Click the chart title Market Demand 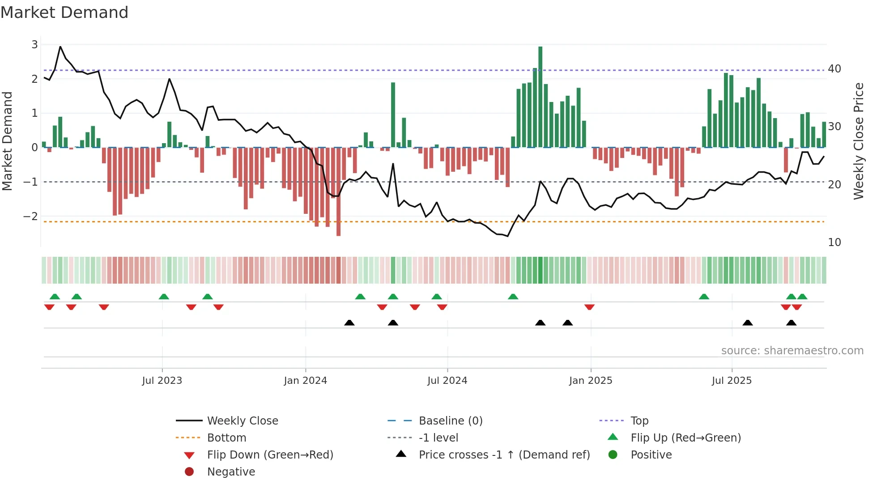(x=64, y=13)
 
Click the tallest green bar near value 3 (x=540, y=96)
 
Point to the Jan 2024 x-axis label (x=305, y=381)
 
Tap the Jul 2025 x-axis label (x=732, y=381)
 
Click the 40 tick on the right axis (x=834, y=69)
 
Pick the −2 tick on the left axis (x=31, y=217)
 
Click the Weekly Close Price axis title (x=858, y=141)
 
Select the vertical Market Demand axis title (x=8, y=141)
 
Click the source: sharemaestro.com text (x=792, y=351)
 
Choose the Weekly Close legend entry (x=242, y=421)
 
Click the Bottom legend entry (x=226, y=438)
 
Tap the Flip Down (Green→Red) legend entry (x=270, y=455)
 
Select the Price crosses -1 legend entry (x=504, y=455)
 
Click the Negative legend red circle (x=189, y=472)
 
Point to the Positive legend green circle (x=613, y=455)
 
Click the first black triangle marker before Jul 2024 (x=349, y=323)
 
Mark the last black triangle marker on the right (x=791, y=323)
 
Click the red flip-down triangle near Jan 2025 (x=589, y=307)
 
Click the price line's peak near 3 (x=60, y=47)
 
